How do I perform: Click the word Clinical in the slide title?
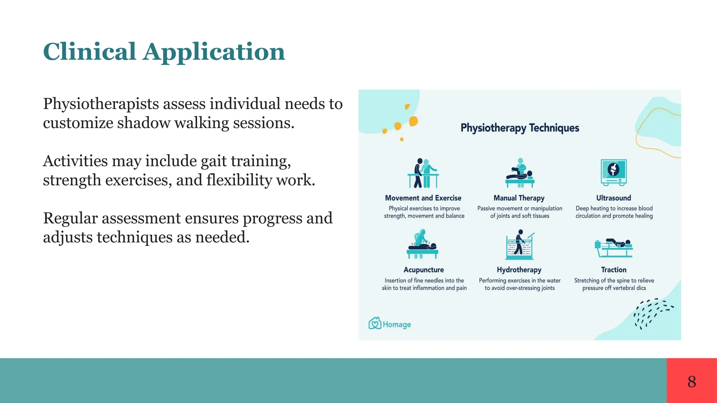coord(89,52)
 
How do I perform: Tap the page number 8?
coord(691,381)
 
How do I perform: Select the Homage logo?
coord(390,324)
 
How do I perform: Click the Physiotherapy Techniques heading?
coord(520,128)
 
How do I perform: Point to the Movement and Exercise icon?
coord(423,173)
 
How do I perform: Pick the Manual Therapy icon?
coord(520,173)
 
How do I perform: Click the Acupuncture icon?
coord(423,244)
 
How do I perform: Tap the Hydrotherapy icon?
coord(520,245)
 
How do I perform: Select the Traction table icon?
coord(613,248)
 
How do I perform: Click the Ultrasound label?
coord(613,198)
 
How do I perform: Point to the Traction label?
coord(613,270)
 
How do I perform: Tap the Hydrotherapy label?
coord(519,270)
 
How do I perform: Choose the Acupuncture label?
coord(424,270)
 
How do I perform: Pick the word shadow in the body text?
coord(143,123)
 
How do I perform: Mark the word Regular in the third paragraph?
coord(70,219)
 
